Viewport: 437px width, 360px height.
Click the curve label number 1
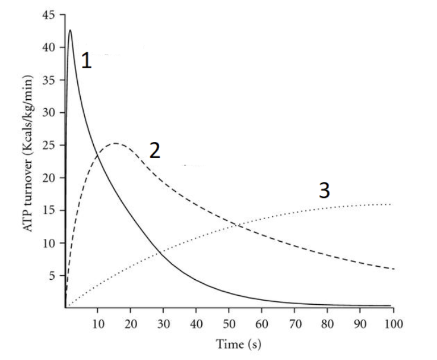[x=87, y=61]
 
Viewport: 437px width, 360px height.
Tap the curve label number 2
[x=154, y=151]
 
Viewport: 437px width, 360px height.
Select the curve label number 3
[x=324, y=191]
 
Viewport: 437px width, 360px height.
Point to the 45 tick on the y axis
[x=49, y=15]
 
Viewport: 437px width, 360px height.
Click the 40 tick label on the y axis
[x=49, y=48]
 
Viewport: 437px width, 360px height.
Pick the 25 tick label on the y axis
[x=49, y=145]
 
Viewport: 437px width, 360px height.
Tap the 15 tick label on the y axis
[x=49, y=210]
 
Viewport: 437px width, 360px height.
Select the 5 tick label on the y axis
[x=52, y=276]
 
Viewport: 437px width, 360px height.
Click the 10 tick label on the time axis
[x=97, y=324]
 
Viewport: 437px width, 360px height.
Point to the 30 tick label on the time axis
[x=163, y=324]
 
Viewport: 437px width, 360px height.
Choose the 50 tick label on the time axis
[x=229, y=324]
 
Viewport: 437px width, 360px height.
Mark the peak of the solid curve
[x=70, y=30]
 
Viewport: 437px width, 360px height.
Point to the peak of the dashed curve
[x=115, y=143]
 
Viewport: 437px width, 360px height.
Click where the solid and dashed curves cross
[x=96, y=156]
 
